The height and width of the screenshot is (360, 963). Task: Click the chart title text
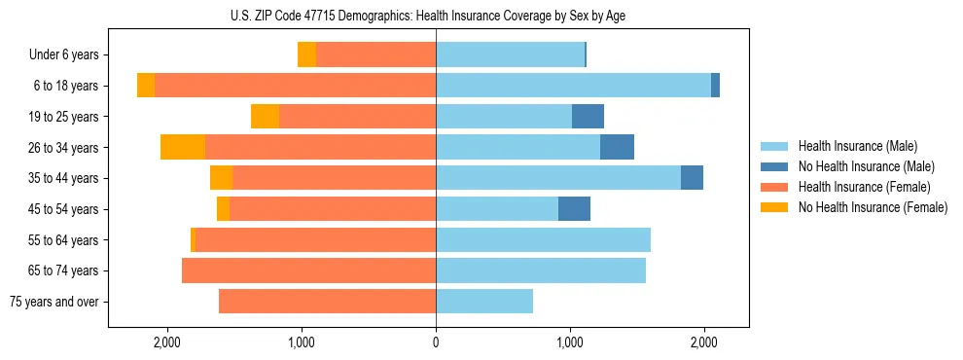(x=436, y=16)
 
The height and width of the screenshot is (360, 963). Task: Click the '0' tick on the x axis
(x=436, y=342)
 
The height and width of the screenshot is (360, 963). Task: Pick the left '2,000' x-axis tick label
(x=167, y=342)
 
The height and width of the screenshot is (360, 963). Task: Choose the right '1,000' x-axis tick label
(x=570, y=342)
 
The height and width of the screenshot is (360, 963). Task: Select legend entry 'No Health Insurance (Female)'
(x=873, y=207)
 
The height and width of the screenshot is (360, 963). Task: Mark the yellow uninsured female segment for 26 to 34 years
(x=183, y=147)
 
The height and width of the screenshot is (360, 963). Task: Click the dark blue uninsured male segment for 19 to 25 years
(x=588, y=117)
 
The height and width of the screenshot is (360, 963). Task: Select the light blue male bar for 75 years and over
(x=484, y=302)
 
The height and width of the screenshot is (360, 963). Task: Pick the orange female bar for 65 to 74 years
(x=308, y=270)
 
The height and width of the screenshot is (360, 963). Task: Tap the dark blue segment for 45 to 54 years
(x=574, y=209)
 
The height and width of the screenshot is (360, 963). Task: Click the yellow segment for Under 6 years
(x=306, y=55)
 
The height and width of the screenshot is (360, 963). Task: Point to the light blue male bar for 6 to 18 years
(x=573, y=86)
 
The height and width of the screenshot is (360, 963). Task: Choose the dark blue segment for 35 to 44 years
(x=692, y=178)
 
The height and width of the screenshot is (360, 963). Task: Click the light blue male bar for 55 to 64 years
(x=543, y=239)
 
